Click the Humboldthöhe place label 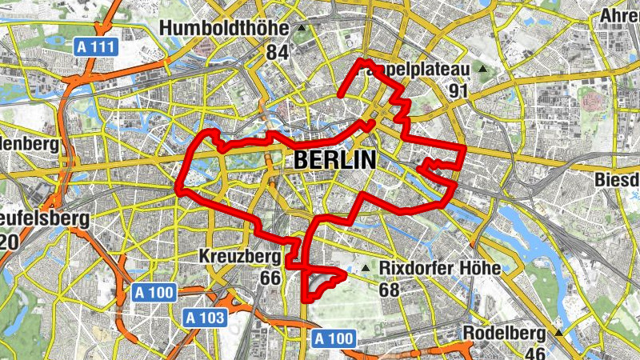click(223, 29)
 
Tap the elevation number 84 click(277, 53)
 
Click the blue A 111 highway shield click(97, 47)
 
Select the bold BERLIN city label click(334, 159)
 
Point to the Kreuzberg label click(239, 257)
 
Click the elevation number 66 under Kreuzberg click(270, 278)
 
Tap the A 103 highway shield click(205, 318)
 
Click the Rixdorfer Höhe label click(440, 268)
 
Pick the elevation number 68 click(389, 289)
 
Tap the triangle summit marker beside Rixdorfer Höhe click(366, 268)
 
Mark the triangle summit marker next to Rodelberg click(558, 331)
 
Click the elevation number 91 click(458, 91)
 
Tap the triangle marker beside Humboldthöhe click(302, 29)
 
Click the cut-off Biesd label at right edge click(618, 180)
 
